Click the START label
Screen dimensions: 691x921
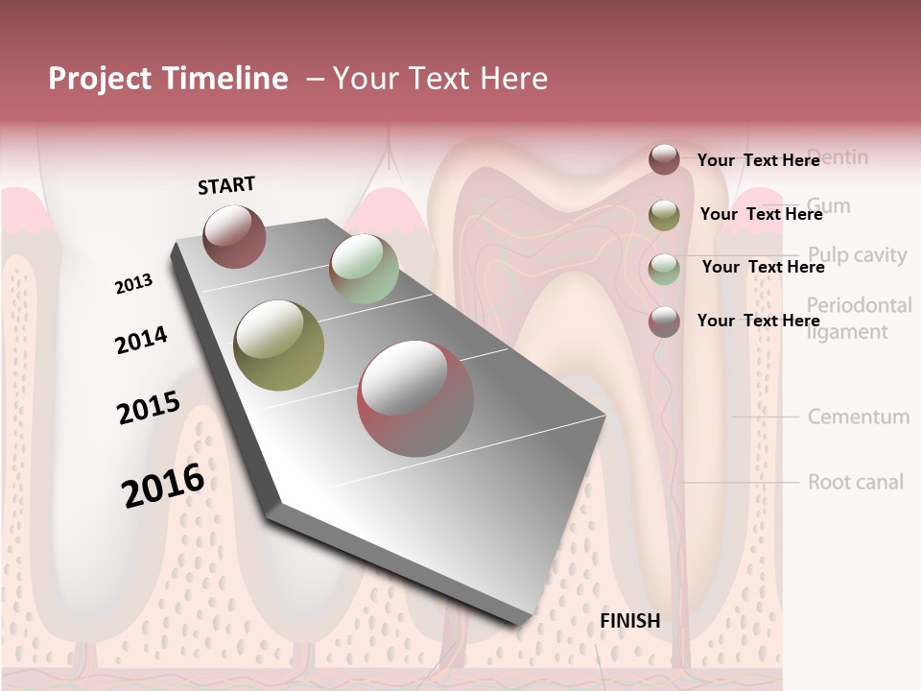tap(226, 185)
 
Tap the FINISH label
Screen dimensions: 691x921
tap(629, 621)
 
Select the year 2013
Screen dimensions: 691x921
tap(133, 284)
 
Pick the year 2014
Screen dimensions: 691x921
tap(141, 341)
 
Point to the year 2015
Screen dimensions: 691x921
tap(148, 408)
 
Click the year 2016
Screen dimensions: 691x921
tap(163, 484)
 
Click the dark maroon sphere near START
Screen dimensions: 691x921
tap(234, 236)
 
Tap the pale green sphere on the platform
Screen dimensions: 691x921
tap(364, 269)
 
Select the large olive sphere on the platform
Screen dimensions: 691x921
tap(278, 345)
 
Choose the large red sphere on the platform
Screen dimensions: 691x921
tap(415, 398)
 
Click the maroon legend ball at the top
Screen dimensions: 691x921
tap(664, 159)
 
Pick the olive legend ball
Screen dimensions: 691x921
tap(664, 215)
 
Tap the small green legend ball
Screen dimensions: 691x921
tap(664, 269)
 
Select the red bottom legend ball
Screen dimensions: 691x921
tap(664, 322)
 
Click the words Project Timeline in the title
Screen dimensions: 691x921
tap(168, 79)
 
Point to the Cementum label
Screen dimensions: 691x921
tap(858, 417)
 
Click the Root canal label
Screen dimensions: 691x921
tap(855, 482)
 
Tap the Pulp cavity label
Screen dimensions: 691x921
tap(857, 255)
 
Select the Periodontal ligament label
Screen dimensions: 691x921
tap(859, 319)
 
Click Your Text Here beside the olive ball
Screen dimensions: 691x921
tap(761, 214)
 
